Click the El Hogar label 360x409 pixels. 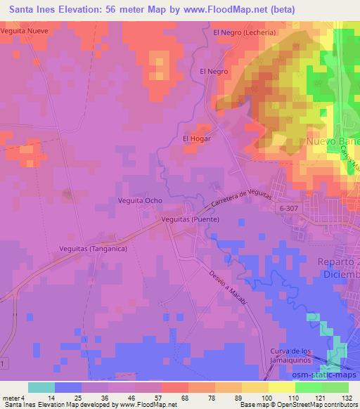[x=197, y=138]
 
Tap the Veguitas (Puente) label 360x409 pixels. [x=190, y=220]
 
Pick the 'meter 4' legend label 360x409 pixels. [x=13, y=398]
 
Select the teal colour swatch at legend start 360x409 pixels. [x=41, y=387]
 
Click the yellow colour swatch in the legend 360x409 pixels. [x=281, y=387]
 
